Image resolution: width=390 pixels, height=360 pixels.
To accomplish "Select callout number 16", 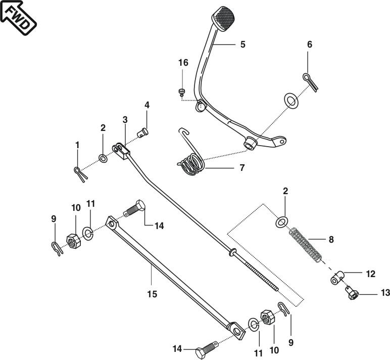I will pos(183,63).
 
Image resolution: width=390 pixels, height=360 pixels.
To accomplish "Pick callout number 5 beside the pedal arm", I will pos(243,44).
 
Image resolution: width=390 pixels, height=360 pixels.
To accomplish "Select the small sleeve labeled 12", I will pos(337,278).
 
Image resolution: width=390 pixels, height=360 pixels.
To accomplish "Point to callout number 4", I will pos(147,105).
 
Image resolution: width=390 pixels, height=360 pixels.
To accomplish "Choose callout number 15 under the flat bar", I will pos(152,294).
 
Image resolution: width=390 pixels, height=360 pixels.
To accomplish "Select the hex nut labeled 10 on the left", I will pos(74,240).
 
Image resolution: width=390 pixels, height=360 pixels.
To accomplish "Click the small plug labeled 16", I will pos(181,92).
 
